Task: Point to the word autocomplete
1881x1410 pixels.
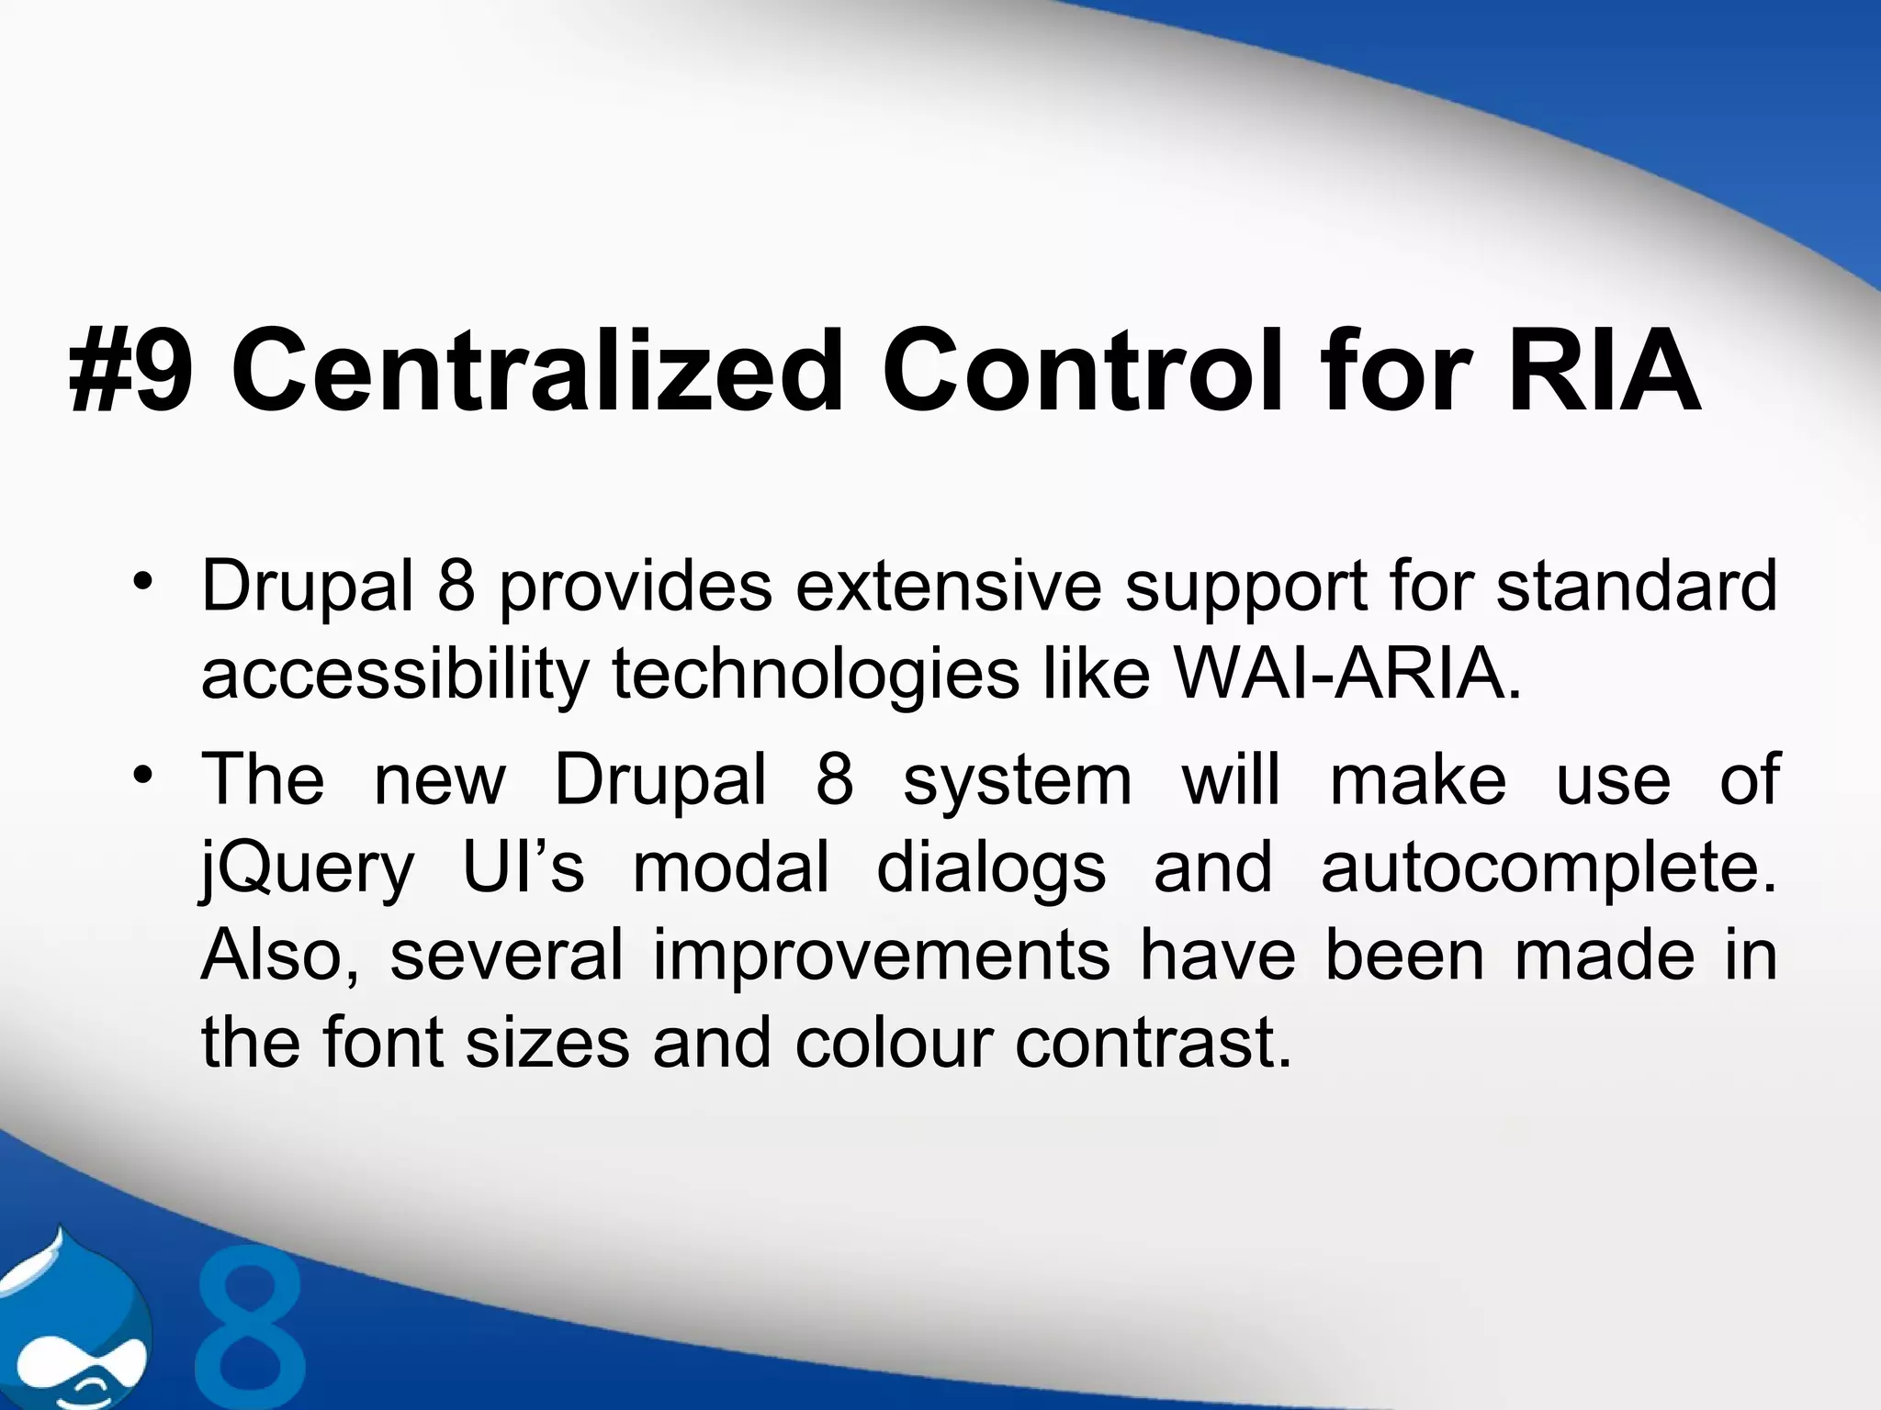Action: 1549,868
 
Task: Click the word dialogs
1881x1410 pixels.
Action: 991,868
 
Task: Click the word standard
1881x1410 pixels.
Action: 1637,586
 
